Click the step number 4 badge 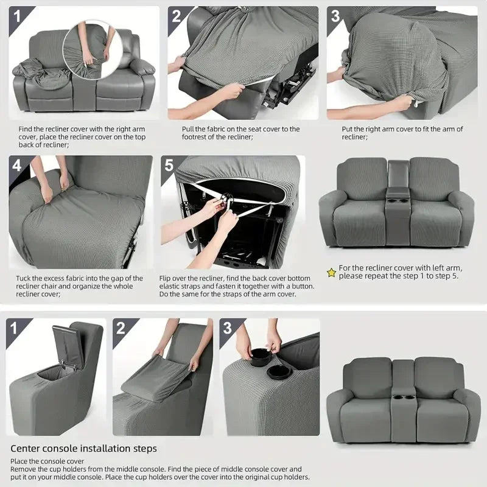[x=16, y=166]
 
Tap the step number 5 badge [x=169, y=166]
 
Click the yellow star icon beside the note [x=331, y=273]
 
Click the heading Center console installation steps [x=83, y=449]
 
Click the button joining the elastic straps [x=226, y=198]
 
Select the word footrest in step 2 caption [x=195, y=138]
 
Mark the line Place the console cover [x=47, y=461]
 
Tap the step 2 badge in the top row [x=176, y=16]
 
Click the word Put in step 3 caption [x=348, y=129]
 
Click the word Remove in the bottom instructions [x=24, y=469]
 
